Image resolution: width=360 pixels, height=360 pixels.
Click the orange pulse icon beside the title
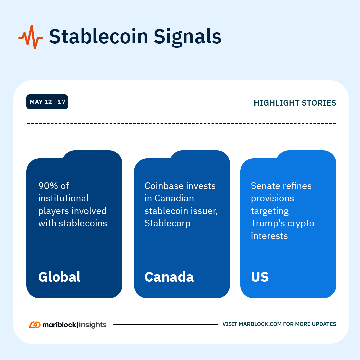click(x=31, y=37)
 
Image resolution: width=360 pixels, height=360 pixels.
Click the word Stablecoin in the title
click(x=99, y=37)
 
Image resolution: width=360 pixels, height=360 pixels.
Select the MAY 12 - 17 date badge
click(x=47, y=102)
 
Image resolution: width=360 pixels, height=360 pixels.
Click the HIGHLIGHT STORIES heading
click(x=295, y=103)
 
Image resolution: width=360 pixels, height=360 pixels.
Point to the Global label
click(x=59, y=277)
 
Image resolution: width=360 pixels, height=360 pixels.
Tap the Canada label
click(x=169, y=277)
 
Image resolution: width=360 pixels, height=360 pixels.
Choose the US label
click(x=260, y=277)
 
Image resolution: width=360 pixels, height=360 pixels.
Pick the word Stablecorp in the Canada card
click(x=168, y=223)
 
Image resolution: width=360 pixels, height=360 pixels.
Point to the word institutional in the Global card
click(x=64, y=198)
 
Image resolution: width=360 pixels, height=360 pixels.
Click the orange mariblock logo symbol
click(x=35, y=325)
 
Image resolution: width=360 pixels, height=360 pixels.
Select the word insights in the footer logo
click(x=93, y=325)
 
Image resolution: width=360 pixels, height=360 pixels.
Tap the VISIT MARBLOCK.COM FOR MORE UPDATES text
click(x=279, y=324)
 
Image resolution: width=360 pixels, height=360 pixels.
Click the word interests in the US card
click(x=269, y=236)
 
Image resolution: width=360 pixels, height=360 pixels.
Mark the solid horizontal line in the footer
click(x=166, y=325)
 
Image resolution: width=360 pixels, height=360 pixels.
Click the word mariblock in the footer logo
click(x=59, y=325)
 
